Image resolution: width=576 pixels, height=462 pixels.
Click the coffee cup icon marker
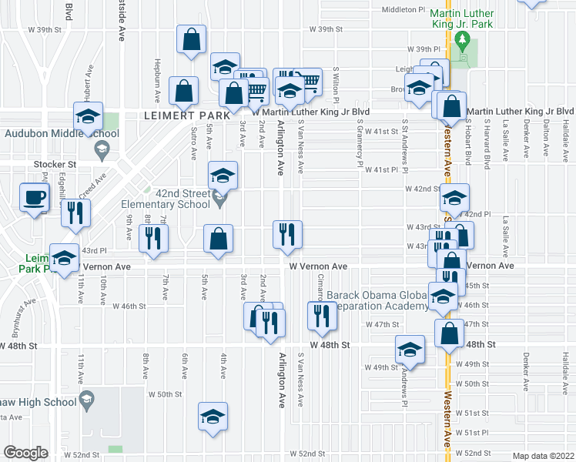34,198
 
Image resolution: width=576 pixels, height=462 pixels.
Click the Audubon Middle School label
62,133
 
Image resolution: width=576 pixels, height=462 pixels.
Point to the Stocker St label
55,164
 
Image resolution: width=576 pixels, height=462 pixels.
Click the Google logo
25,452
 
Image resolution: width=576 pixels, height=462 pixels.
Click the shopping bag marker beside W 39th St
191,39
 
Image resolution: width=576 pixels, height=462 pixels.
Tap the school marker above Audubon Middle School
88,117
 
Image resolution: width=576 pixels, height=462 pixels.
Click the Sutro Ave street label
193,143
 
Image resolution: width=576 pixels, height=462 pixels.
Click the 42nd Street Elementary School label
165,199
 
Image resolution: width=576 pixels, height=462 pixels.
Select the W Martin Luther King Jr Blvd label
311,112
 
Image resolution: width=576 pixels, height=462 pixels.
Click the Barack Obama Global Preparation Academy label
377,300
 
